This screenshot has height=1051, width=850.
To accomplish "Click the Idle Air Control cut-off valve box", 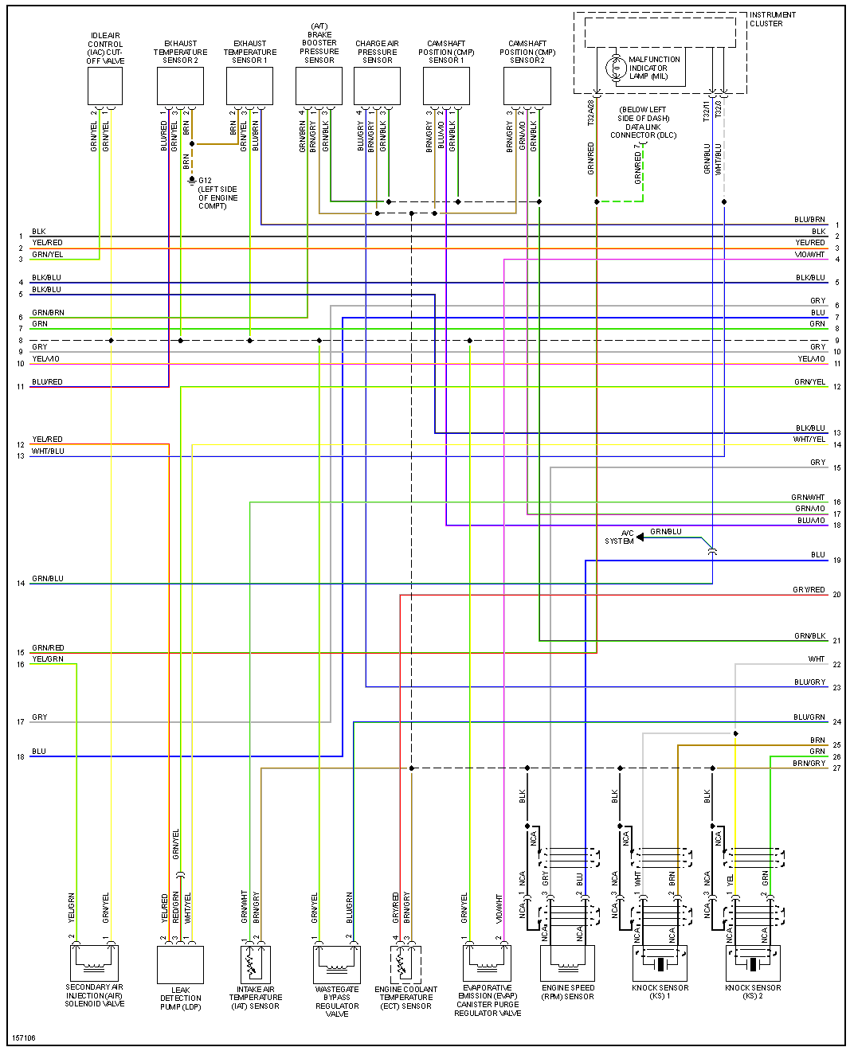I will (x=104, y=85).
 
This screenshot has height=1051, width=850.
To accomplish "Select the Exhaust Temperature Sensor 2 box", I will (x=180, y=85).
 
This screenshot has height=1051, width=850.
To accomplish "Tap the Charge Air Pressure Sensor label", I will (x=377, y=52).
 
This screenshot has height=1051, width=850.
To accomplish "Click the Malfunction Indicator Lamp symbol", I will (x=615, y=68).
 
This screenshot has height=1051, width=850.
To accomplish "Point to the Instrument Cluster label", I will (x=771, y=19).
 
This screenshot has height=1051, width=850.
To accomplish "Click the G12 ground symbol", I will (x=191, y=181).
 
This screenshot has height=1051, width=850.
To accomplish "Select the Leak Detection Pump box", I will (x=180, y=964).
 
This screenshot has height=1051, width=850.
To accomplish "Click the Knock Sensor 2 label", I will (x=753, y=992).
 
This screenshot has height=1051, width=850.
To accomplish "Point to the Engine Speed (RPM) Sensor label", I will (x=568, y=992).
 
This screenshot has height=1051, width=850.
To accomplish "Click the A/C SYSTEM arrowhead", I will (x=640, y=537).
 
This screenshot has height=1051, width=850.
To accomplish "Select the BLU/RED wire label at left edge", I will (x=47, y=382).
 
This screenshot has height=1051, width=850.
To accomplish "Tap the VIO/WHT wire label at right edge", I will (x=809, y=255).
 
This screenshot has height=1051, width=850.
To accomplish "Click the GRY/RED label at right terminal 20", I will (x=809, y=590).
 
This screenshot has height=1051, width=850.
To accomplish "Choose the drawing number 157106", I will (x=23, y=1038).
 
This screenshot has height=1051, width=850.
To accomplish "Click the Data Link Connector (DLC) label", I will (x=643, y=123).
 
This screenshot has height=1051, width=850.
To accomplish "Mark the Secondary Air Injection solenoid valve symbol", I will (x=94, y=963).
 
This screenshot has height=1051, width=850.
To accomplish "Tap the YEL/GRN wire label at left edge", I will (x=47, y=659).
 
